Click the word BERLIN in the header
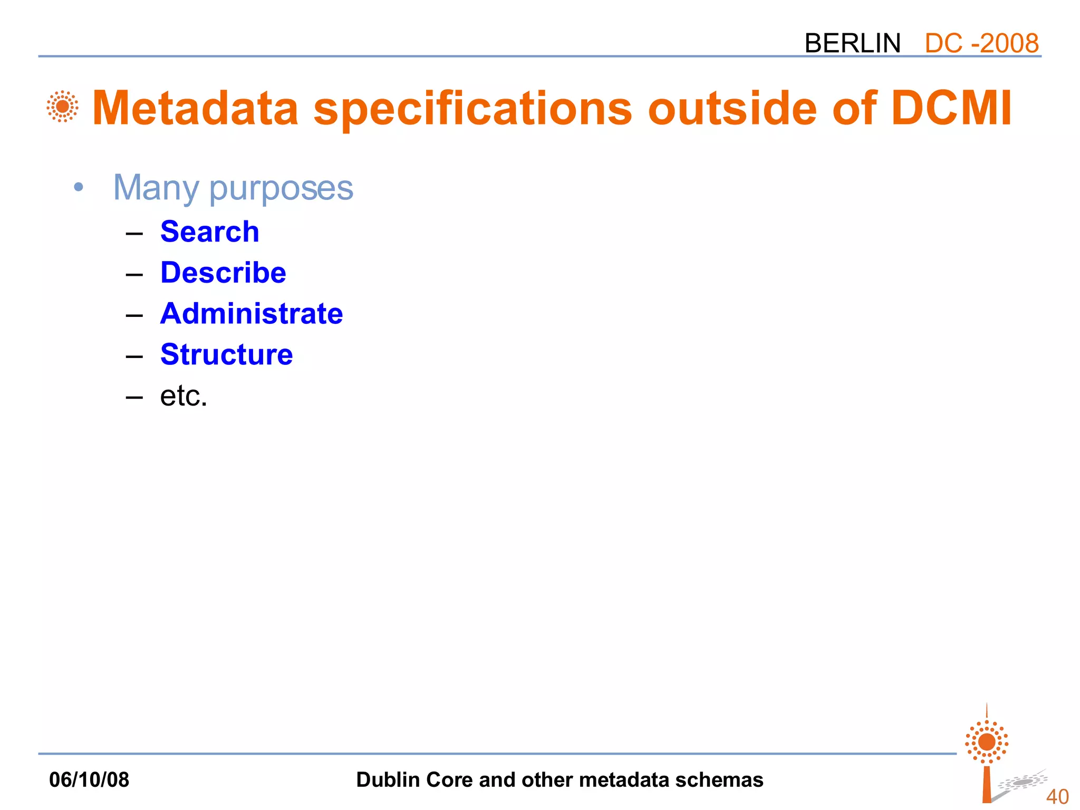[x=852, y=43]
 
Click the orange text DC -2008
[x=981, y=43]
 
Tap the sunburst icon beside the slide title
[x=62, y=107]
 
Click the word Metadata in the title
[x=196, y=109]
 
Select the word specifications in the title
[x=472, y=109]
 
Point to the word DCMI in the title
[x=951, y=109]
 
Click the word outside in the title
[x=732, y=109]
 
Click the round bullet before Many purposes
[x=79, y=187]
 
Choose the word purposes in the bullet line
[x=281, y=189]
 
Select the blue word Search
[x=209, y=232]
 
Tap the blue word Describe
[x=223, y=273]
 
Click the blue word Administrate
[x=252, y=314]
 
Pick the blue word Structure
[x=226, y=354]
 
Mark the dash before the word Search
[x=134, y=233]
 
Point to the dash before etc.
[x=134, y=397]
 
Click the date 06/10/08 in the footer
[x=89, y=779]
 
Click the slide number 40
[x=1057, y=796]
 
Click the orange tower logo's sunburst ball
[x=986, y=742]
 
